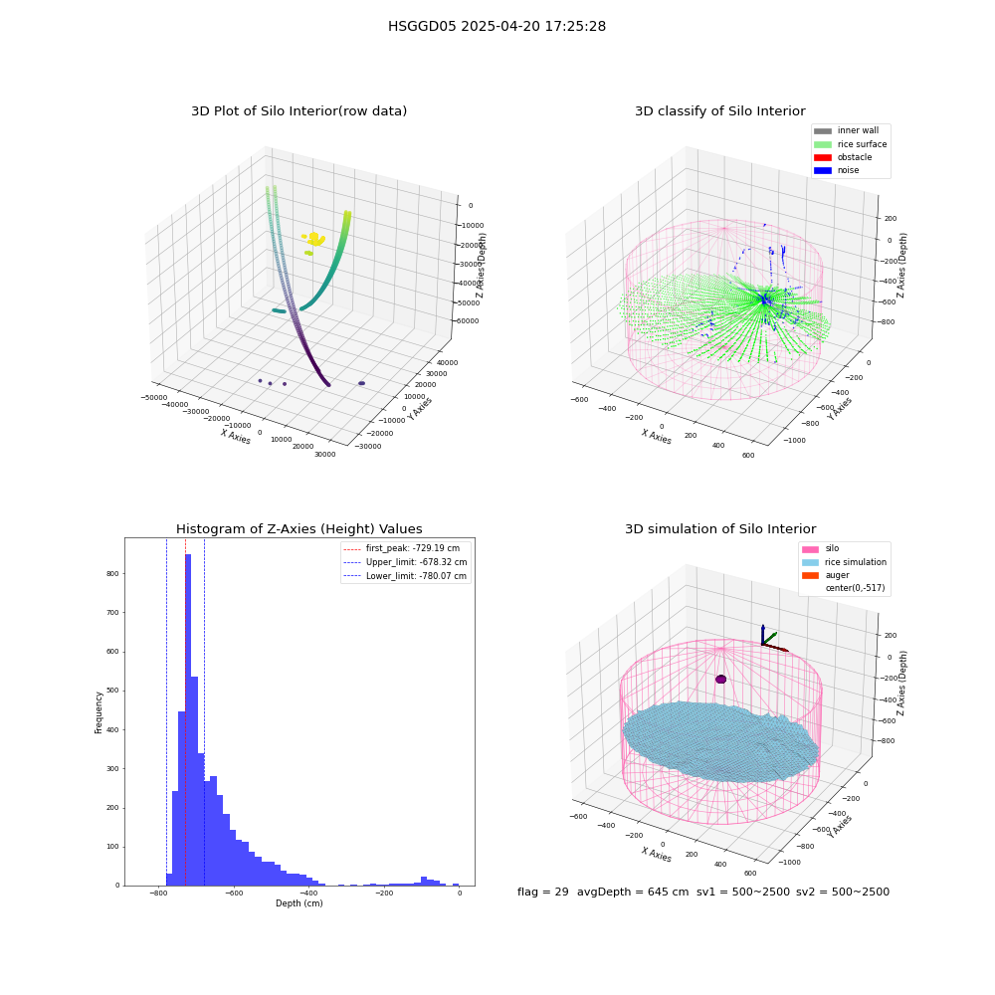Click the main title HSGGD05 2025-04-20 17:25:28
point(497,26)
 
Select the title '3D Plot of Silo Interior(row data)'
point(298,111)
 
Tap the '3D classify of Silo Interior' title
point(720,111)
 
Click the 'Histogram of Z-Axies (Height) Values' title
point(298,528)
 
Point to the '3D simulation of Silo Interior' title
point(720,528)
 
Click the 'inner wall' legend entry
point(847,130)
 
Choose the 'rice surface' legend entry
point(851,144)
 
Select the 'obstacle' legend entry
point(844,157)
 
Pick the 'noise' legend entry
point(837,170)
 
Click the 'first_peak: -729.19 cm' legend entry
point(402,548)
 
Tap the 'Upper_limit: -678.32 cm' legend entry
point(406,562)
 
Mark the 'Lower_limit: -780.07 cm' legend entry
point(406,576)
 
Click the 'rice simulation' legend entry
point(845,562)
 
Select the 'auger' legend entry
point(826,575)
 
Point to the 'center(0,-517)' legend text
point(855,588)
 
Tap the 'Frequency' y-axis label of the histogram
point(99,712)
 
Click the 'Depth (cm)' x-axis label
point(299,903)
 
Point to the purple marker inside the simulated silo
point(720,679)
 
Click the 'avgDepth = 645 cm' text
point(633,892)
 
